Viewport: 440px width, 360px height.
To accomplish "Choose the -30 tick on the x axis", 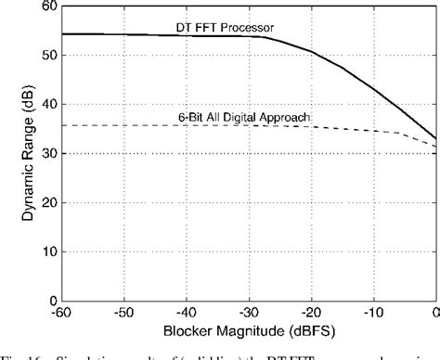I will (248, 313).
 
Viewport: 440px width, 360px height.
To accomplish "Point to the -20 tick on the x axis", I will (311, 313).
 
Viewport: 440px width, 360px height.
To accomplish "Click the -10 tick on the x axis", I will (374, 313).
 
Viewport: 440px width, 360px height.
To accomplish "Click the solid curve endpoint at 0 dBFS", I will (436, 138).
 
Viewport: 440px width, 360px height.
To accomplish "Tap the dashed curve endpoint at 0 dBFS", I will (436, 146).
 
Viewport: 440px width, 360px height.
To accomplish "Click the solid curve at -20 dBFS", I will (311, 51).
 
